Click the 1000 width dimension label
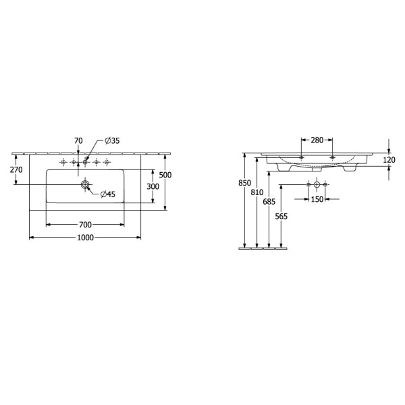click(86, 238)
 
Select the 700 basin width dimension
click(85, 225)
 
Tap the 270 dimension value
click(16, 169)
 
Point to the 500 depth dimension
click(165, 175)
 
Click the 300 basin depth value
click(153, 186)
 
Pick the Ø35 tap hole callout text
click(112, 141)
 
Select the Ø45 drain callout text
click(108, 194)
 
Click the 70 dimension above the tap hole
click(78, 141)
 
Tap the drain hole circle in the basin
click(85, 185)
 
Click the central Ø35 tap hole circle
click(85, 162)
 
